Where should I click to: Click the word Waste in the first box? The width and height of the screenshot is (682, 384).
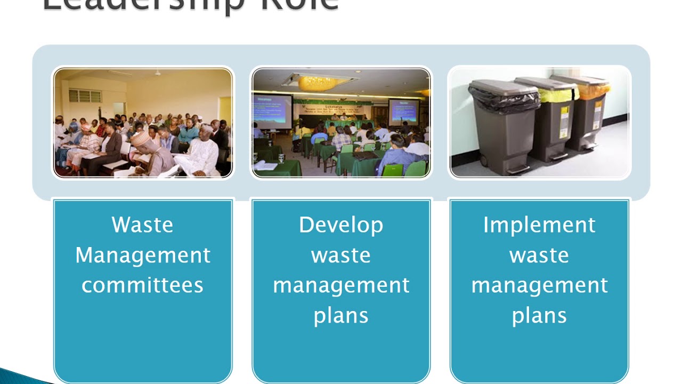(x=142, y=225)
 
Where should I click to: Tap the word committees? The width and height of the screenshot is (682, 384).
(x=142, y=285)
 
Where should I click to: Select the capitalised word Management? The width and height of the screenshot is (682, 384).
(x=142, y=255)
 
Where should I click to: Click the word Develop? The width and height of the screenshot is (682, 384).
(x=341, y=225)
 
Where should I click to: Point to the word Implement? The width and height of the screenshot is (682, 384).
(x=539, y=225)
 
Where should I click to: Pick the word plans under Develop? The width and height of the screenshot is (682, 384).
(x=341, y=316)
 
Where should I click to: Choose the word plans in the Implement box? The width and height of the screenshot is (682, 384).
(x=539, y=316)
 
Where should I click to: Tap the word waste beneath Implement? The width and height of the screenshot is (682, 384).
(x=539, y=255)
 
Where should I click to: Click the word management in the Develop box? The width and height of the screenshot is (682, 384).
(x=341, y=285)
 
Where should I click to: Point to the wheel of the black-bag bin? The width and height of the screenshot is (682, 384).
(x=484, y=161)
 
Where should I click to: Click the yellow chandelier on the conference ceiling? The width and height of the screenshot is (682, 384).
(x=318, y=83)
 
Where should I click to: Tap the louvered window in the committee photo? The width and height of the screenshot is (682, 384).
(x=85, y=96)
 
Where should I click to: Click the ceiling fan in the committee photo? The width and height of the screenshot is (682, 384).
(x=158, y=73)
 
